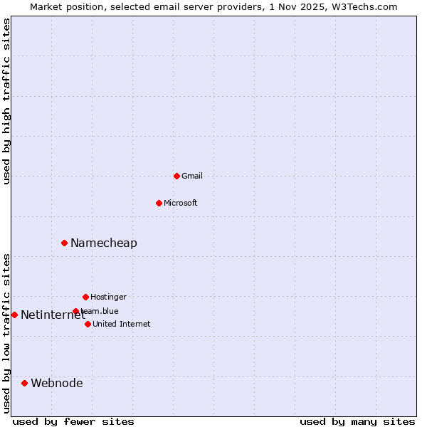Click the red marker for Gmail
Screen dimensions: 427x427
pos(176,176)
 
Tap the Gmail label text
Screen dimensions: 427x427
pos(192,176)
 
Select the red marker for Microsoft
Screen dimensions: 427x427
pos(159,203)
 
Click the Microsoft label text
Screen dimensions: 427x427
pos(181,204)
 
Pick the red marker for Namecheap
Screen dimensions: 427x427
pos(64,243)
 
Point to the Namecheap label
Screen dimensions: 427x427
pos(104,243)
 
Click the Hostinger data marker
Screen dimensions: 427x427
pos(85,297)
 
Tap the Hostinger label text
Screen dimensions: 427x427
pos(108,297)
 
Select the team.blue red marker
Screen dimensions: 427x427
pos(75,311)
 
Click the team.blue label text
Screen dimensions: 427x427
pos(101,312)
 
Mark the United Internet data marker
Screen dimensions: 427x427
pos(88,324)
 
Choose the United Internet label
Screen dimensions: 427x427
pos(122,325)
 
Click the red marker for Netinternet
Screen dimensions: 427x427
pos(14,315)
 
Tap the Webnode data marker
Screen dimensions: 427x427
pos(24,383)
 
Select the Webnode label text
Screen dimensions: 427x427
pos(57,384)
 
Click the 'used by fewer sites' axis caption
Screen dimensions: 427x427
pos(73,421)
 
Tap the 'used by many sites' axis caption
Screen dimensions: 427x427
pos(357,421)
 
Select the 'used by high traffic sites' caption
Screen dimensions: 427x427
pos(6,101)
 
